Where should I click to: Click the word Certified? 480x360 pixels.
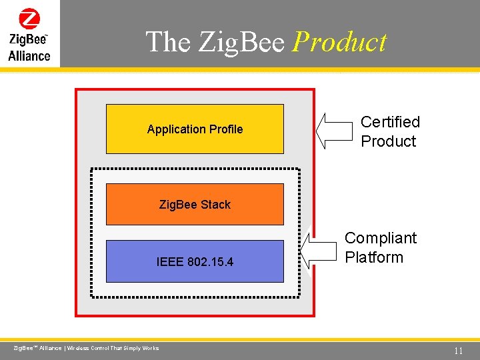pos(390,122)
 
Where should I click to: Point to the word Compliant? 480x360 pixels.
pos(380,238)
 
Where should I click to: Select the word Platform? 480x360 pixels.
pos(374,257)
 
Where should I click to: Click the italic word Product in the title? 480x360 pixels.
pos(339,42)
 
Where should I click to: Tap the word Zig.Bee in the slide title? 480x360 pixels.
pos(241,42)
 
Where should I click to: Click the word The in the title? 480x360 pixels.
pos(168,42)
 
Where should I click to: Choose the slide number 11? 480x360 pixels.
pos(458,351)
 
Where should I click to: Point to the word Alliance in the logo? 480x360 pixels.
pos(29,56)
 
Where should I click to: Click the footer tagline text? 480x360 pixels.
pos(87,348)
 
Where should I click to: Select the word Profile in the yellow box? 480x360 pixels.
pos(226,129)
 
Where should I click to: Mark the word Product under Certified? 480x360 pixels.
pos(388,141)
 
